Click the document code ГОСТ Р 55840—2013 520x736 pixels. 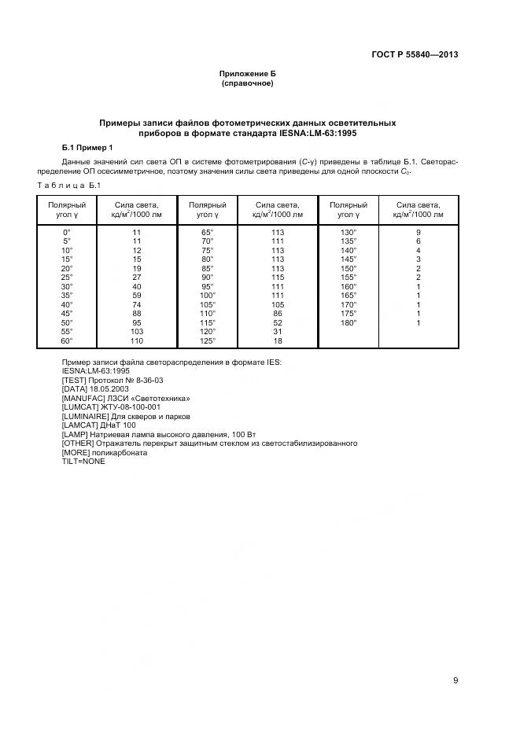click(415, 54)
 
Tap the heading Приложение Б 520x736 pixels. click(247, 73)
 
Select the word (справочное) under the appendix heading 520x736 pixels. click(247, 83)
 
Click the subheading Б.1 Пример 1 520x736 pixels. click(87, 147)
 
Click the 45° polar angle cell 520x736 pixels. click(67, 314)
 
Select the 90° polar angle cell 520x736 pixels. click(208, 278)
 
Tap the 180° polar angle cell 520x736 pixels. click(349, 322)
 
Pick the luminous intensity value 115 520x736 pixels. click(278, 278)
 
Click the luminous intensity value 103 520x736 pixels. click(137, 332)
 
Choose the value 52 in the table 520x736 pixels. click(278, 322)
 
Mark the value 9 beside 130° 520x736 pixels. click(419, 233)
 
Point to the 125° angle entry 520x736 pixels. click(208, 340)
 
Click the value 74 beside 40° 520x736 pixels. click(137, 304)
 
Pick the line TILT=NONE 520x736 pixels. click(83, 461)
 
